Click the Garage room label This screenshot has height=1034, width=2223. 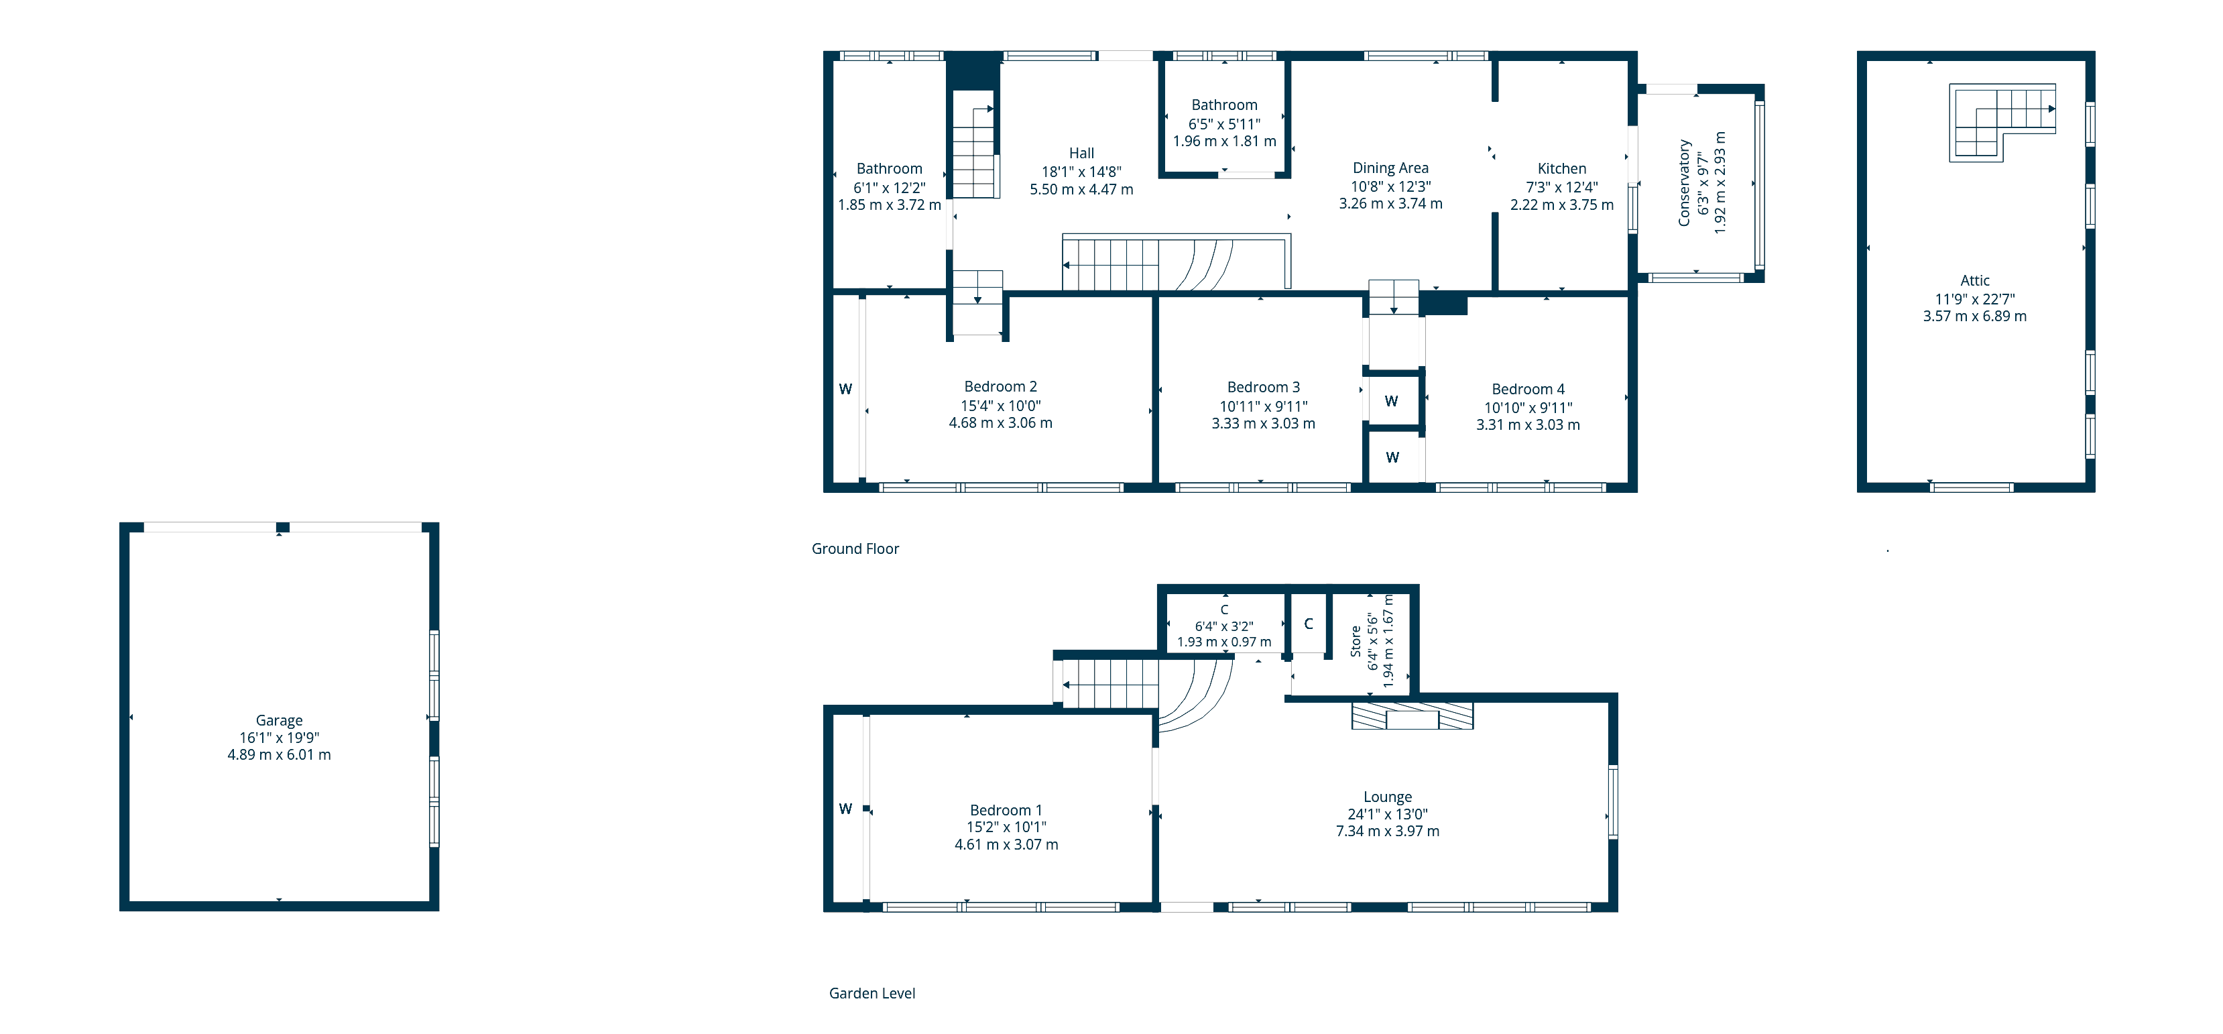[279, 720]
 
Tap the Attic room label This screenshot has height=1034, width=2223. [1974, 280]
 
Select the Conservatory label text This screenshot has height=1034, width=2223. [1683, 183]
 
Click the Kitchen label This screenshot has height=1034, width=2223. [1561, 168]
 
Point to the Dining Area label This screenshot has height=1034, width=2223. [1390, 168]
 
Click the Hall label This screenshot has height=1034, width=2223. [1081, 153]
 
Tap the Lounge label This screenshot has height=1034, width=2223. [1388, 797]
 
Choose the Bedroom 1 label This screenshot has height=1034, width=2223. [1006, 809]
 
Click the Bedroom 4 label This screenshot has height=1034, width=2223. [1527, 390]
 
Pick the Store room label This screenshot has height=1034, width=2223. [1356, 641]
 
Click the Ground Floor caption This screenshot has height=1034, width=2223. [855, 549]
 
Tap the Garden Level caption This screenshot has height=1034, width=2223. [872, 994]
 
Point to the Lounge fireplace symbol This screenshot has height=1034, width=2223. [1412, 716]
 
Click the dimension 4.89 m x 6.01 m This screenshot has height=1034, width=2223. [279, 754]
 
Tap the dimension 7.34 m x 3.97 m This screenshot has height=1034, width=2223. [1388, 831]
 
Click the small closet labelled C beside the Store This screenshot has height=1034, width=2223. [1308, 623]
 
